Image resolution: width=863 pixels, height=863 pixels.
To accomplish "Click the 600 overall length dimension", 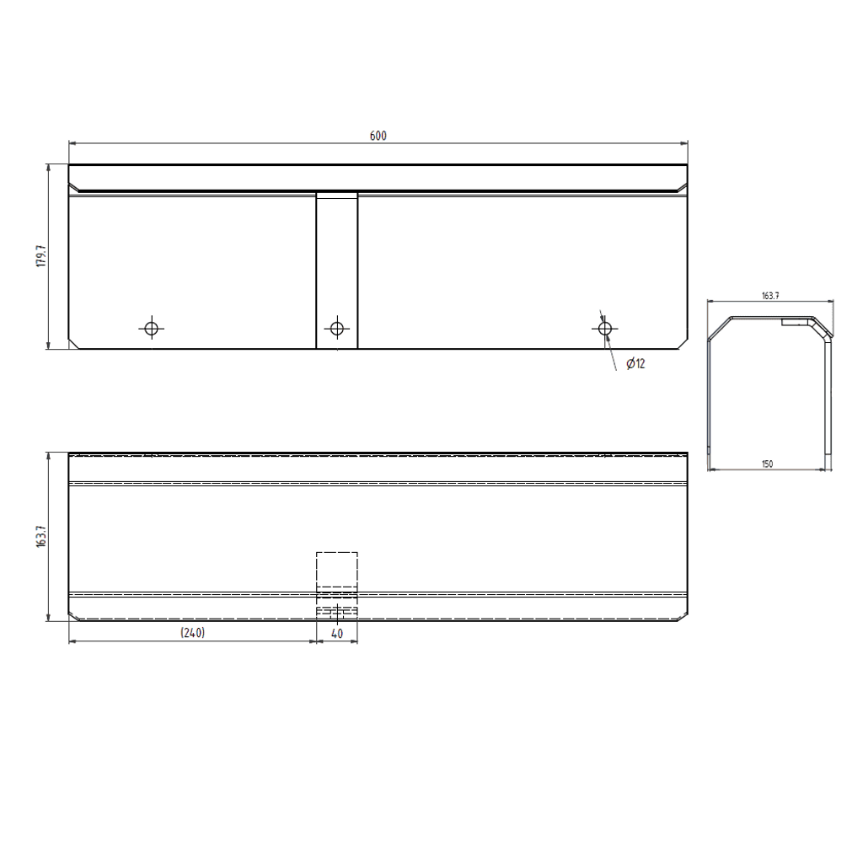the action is [378, 136].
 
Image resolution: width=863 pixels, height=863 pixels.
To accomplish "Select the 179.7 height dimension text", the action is [41, 256].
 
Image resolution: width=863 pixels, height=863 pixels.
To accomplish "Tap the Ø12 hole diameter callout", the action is [635, 363].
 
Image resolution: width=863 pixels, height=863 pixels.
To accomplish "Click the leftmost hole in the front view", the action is [152, 329].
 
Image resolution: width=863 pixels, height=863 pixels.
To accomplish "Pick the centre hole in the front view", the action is [337, 329].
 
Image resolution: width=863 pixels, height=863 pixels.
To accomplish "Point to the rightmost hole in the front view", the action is [605, 329].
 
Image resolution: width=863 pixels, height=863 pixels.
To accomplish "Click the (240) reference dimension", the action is [193, 633].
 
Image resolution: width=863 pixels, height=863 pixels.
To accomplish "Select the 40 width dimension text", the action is [337, 634].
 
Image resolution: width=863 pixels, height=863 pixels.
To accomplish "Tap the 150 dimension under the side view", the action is [767, 464].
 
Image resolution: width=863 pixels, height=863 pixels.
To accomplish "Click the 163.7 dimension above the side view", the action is [770, 296].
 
